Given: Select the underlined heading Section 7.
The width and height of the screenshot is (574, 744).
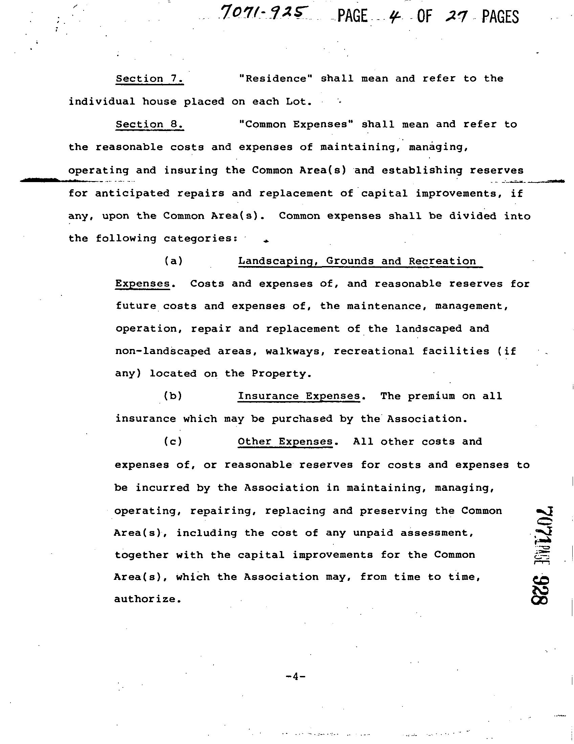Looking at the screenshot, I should pyautogui.click(x=150, y=79).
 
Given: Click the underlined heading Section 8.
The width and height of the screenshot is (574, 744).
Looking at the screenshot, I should pyautogui.click(x=150, y=125).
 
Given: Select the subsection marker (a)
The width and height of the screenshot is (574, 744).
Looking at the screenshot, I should pyautogui.click(x=173, y=261).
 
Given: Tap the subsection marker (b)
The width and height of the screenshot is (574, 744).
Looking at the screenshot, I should pyautogui.click(x=173, y=396).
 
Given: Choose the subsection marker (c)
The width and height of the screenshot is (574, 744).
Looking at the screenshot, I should pyautogui.click(x=173, y=442).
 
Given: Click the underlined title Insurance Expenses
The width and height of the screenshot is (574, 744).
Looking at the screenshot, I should pyautogui.click(x=299, y=396).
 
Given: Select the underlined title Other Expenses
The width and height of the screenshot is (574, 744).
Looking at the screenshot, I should pyautogui.click(x=285, y=442).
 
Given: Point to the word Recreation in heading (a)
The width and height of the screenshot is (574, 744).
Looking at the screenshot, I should pyautogui.click(x=442, y=261).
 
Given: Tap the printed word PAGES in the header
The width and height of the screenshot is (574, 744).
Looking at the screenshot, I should pyautogui.click(x=500, y=16).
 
